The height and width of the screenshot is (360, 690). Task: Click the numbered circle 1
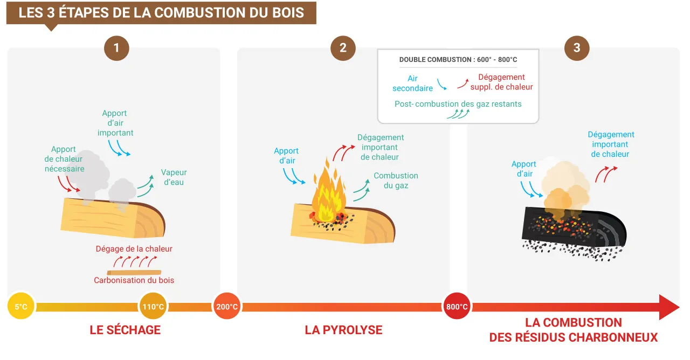pyautogui.click(x=116, y=48)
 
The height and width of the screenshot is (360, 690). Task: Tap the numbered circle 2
pyautogui.click(x=343, y=48)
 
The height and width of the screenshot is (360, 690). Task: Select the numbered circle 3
pyautogui.click(x=577, y=48)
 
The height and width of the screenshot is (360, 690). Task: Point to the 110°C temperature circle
pyautogui.click(x=153, y=307)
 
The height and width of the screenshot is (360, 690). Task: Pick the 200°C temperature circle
pyautogui.click(x=227, y=307)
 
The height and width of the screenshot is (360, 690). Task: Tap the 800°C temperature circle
pyautogui.click(x=457, y=307)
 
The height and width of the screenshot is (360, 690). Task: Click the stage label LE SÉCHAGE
pyautogui.click(x=125, y=330)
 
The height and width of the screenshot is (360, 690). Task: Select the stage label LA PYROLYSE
pyautogui.click(x=343, y=330)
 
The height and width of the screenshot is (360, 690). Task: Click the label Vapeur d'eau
pyautogui.click(x=174, y=177)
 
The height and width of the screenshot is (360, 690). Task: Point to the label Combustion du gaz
pyautogui.click(x=396, y=181)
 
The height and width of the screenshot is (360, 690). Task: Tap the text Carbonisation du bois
pyautogui.click(x=134, y=280)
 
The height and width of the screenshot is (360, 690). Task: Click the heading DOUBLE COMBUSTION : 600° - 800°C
pyautogui.click(x=458, y=60)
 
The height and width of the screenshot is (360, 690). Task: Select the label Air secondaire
pyautogui.click(x=412, y=84)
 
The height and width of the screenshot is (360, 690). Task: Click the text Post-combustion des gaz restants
pyautogui.click(x=458, y=104)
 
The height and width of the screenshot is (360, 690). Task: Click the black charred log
pyautogui.click(x=571, y=229)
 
